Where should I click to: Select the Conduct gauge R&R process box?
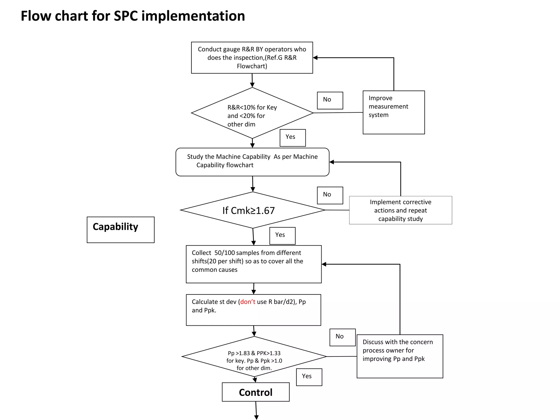252,58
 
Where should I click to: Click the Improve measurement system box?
393,112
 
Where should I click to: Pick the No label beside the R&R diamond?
330,100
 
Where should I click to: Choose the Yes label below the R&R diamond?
293,138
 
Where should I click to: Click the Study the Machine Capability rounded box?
252,162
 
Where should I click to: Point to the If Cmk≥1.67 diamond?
252,210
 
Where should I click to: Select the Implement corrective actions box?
400,210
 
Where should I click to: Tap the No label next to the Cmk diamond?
330,195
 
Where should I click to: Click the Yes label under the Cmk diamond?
282,236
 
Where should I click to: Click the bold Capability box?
121,230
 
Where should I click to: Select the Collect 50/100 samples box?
253,264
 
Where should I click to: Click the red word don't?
248,302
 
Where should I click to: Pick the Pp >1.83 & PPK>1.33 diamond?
254,357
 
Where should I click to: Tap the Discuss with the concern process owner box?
399,356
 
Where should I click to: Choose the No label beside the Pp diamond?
342,337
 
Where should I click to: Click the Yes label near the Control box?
309,377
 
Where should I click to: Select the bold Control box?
256,392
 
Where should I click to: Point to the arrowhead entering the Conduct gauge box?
315,58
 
